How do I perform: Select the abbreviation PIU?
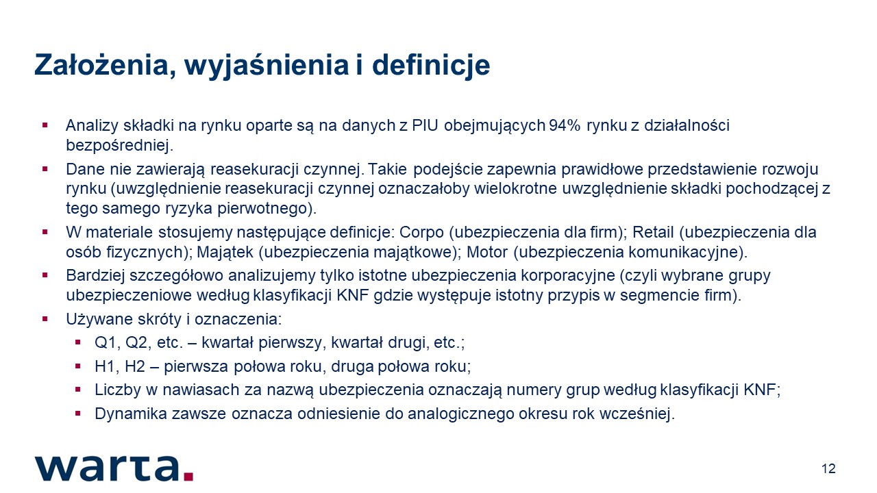425,125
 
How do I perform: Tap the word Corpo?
421,232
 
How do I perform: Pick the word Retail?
654,232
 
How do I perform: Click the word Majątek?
225,253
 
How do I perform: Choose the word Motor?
487,252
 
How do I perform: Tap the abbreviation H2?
135,366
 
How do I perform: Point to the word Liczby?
117,390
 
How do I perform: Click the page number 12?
828,469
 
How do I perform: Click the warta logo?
114,468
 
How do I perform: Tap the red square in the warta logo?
188,476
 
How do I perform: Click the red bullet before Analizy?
45,125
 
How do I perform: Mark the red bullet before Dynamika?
77,413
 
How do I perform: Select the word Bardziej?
95,275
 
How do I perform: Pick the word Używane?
99,320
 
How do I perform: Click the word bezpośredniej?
119,146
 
